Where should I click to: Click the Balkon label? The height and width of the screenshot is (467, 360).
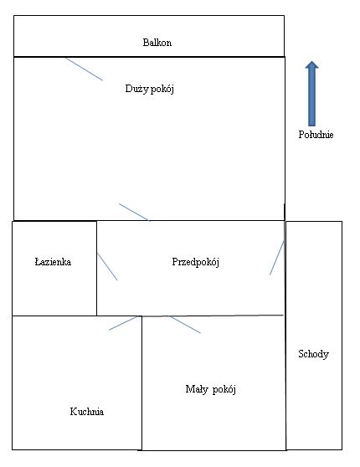click(x=157, y=43)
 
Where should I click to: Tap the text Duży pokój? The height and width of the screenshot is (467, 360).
click(x=150, y=89)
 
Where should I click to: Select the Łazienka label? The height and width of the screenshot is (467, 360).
click(x=53, y=262)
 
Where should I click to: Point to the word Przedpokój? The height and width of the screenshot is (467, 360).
click(x=196, y=262)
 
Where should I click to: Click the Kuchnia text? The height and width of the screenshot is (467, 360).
click(x=87, y=412)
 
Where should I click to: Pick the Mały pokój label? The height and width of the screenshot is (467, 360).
click(x=211, y=389)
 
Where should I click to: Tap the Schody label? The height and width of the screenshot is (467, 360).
click(x=313, y=354)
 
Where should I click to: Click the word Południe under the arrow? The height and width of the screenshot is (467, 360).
click(x=316, y=135)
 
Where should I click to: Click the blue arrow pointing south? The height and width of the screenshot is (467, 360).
click(x=311, y=94)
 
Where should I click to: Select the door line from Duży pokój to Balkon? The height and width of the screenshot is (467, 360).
click(x=84, y=69)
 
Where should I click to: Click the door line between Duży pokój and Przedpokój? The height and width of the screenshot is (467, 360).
click(x=134, y=212)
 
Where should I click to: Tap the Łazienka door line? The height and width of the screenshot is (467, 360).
click(x=107, y=267)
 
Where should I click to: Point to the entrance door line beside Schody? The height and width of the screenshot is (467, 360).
click(x=277, y=258)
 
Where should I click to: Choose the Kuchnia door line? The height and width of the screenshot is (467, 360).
click(x=123, y=323)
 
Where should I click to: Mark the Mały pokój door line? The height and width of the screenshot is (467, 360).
click(x=185, y=325)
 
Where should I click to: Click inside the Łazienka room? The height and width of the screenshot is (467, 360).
click(x=54, y=286)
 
